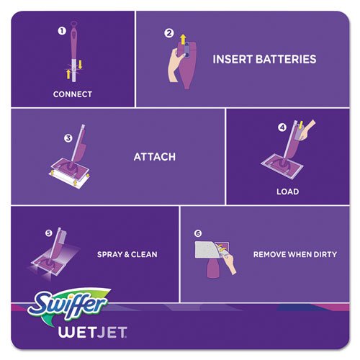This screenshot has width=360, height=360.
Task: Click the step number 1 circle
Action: pos(62,31)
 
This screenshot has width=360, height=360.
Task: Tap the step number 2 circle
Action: pos(168,33)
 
